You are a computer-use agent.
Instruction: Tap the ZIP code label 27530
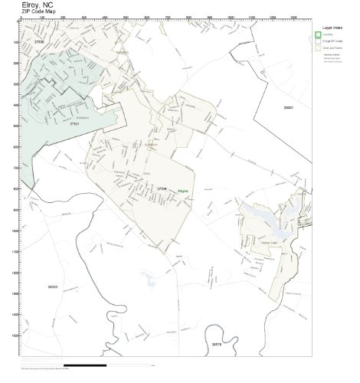(39, 41)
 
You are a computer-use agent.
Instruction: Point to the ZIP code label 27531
(74, 123)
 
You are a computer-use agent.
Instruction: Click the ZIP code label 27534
(162, 188)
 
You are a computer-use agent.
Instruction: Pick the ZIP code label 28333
(52, 286)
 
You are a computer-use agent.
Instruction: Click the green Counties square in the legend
(318, 34)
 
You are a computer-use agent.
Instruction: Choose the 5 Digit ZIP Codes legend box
(318, 41)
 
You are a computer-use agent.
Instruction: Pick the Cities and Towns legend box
(318, 47)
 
